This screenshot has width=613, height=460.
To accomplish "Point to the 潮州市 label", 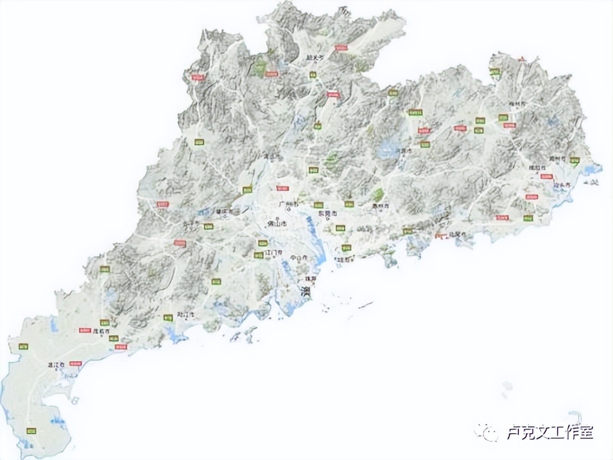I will pyautogui.click(x=558, y=158).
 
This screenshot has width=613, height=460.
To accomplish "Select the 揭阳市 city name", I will pyautogui.click(x=537, y=167).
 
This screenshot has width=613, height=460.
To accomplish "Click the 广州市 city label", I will pyautogui.click(x=288, y=204).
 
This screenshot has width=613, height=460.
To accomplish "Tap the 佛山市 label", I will pyautogui.click(x=277, y=224).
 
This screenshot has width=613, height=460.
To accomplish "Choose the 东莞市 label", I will pyautogui.click(x=328, y=214).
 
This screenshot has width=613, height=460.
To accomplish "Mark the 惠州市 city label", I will pyautogui.click(x=380, y=206).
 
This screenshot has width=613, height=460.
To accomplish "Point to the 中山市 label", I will pyautogui.click(x=299, y=258).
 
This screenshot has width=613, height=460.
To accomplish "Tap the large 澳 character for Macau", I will pyautogui.click(x=306, y=291).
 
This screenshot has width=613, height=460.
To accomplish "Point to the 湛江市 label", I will pyautogui.click(x=55, y=365).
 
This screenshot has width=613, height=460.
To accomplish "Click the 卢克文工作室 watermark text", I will pyautogui.click(x=549, y=431).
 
